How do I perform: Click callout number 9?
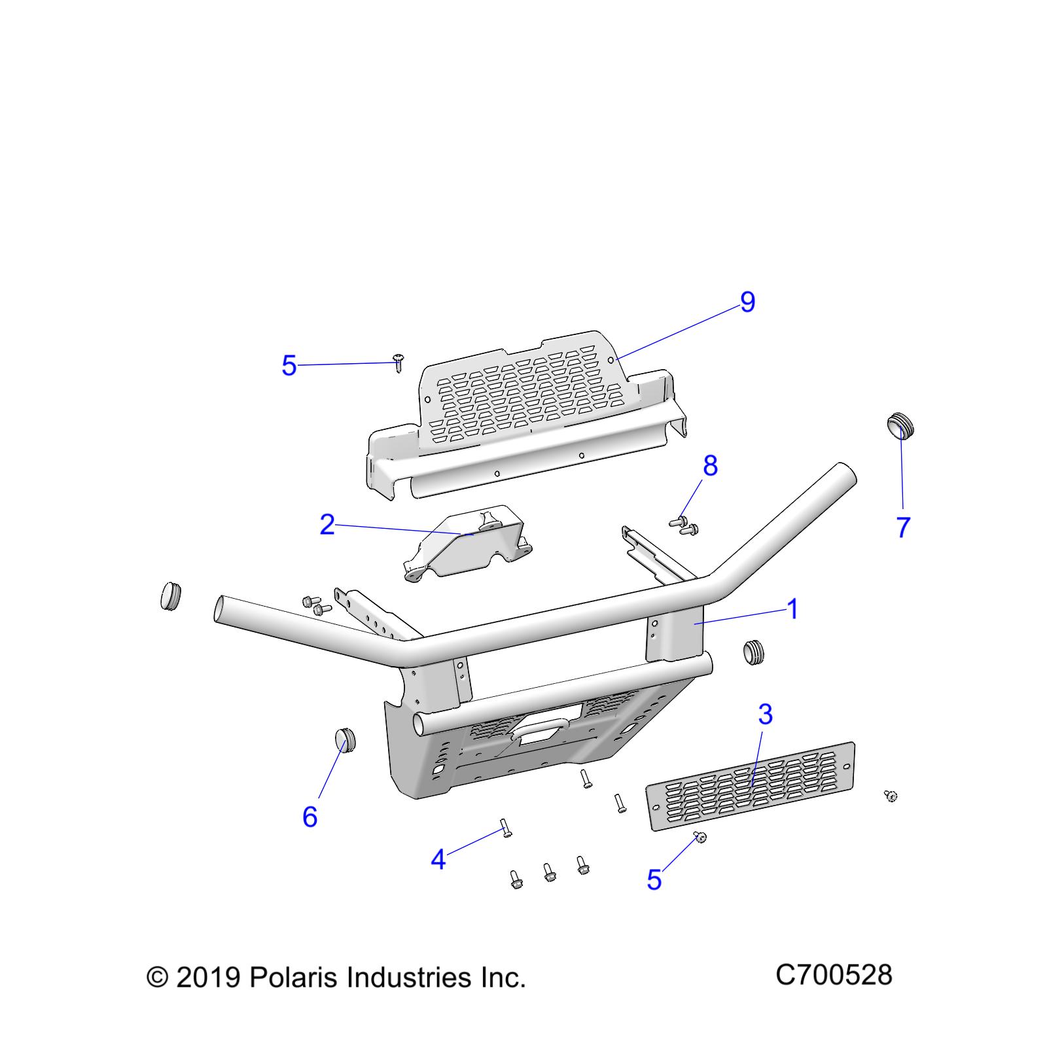[747, 302]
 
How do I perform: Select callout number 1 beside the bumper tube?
[792, 610]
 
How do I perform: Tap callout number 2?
[327, 525]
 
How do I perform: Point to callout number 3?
[765, 715]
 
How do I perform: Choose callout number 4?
[438, 859]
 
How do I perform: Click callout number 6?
[310, 817]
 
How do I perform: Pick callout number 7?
[903, 527]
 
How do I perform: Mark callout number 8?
[710, 466]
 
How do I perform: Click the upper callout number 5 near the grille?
[289, 366]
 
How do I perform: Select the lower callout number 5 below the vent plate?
[654, 880]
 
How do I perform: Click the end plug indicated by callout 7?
[900, 425]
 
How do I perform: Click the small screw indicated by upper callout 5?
[398, 361]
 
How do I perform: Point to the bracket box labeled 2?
[466, 543]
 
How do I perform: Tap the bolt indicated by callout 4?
[506, 828]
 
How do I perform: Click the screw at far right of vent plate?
[890, 796]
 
